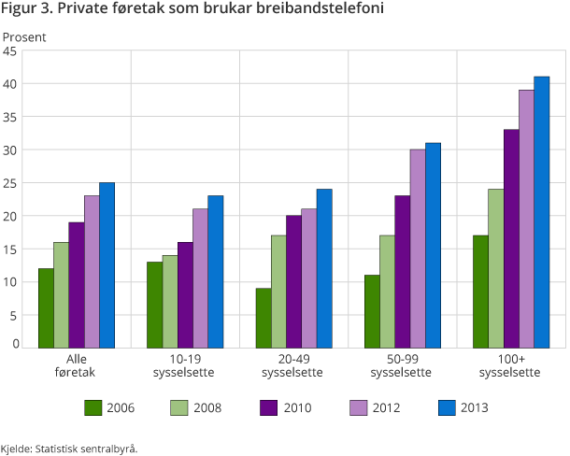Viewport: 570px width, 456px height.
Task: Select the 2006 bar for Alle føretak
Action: point(46,308)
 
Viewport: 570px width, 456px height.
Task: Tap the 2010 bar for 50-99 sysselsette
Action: point(403,272)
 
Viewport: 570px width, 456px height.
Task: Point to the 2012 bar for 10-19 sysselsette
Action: point(200,278)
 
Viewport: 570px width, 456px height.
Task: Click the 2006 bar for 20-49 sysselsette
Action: point(264,318)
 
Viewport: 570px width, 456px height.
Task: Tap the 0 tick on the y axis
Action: point(14,345)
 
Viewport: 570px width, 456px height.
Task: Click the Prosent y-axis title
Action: point(24,36)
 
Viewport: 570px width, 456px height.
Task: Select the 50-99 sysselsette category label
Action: point(401,365)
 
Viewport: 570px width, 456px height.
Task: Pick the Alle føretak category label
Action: point(76,365)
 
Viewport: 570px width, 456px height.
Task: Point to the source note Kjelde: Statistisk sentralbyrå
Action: point(69,449)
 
